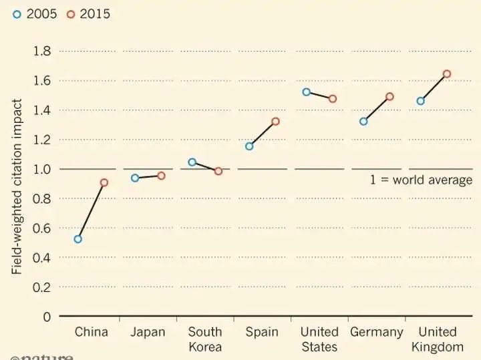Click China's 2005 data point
(78, 238)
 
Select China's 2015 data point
(104, 182)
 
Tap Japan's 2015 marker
(161, 176)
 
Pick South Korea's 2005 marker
(192, 162)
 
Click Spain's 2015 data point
(275, 122)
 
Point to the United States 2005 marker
(307, 92)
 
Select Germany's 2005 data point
(363, 122)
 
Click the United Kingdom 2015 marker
(447, 73)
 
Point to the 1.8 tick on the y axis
(42, 51)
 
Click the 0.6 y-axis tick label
(42, 228)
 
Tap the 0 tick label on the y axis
(47, 316)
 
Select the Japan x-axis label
(148, 332)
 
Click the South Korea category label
(205, 339)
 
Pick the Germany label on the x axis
(377, 332)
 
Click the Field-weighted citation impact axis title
(17, 186)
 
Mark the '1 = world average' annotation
(421, 180)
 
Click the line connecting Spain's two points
(263, 134)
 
